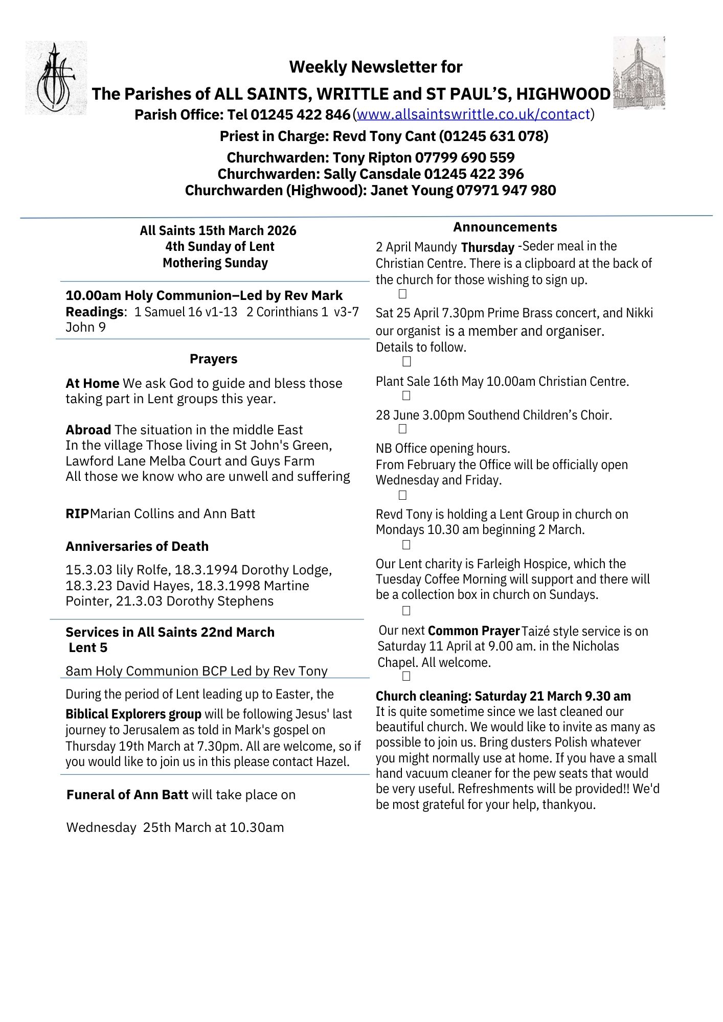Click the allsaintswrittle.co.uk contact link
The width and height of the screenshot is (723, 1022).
click(x=473, y=114)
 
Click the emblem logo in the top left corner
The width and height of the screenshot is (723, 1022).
click(x=56, y=78)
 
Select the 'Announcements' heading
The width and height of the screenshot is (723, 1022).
click(x=505, y=227)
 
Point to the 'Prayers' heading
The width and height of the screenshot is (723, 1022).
click(x=213, y=359)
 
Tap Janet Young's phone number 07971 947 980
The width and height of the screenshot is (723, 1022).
click(x=506, y=190)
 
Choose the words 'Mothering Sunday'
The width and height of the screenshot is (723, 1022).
click(x=215, y=263)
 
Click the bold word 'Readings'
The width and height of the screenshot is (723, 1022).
click(x=95, y=312)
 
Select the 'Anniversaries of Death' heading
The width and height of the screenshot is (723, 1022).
click(x=137, y=546)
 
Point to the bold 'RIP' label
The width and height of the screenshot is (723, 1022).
click(x=77, y=514)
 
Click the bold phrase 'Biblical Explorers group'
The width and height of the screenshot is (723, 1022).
click(x=133, y=714)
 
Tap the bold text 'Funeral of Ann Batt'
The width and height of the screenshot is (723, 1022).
click(x=127, y=795)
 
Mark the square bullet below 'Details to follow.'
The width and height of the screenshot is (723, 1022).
click(x=406, y=362)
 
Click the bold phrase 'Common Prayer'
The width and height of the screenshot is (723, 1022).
click(x=473, y=631)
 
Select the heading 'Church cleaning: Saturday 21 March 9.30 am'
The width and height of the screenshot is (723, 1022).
click(x=503, y=696)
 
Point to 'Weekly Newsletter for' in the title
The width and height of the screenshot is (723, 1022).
click(x=376, y=66)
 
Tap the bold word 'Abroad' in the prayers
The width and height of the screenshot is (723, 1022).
click(x=88, y=430)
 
